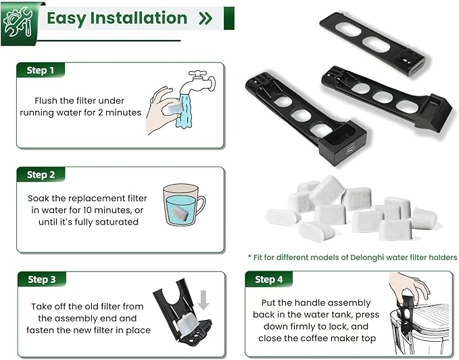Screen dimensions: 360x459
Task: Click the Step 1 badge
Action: click(x=37, y=70)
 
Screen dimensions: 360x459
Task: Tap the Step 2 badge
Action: click(x=37, y=175)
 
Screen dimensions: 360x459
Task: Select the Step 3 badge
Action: click(x=37, y=279)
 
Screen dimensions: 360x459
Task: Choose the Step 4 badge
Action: click(x=264, y=279)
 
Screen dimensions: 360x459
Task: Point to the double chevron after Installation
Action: click(x=206, y=18)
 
